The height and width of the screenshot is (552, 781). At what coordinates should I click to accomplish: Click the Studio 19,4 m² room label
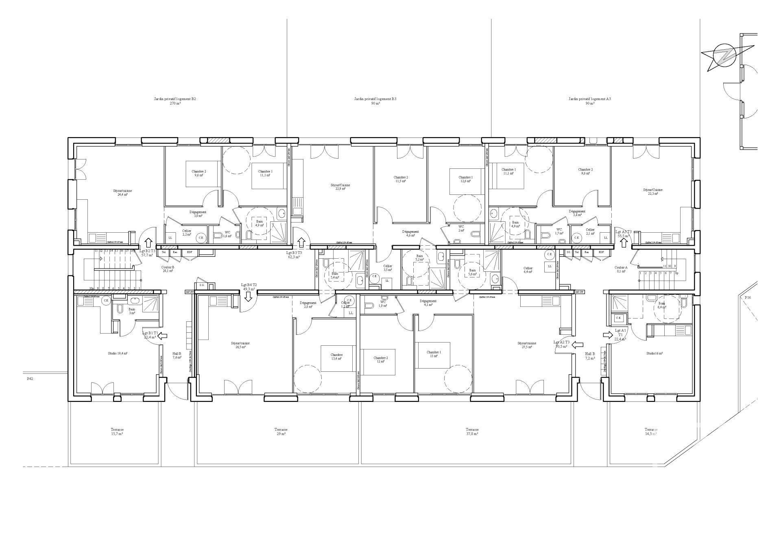point(118,353)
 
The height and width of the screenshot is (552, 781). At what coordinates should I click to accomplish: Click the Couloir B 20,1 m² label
point(168,269)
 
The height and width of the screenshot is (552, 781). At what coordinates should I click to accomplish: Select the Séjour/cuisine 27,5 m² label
point(527,345)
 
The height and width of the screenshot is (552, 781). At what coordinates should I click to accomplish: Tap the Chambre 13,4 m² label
point(336,356)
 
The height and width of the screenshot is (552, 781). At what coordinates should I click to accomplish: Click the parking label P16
point(748,298)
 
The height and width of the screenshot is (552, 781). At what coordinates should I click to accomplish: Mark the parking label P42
point(30,378)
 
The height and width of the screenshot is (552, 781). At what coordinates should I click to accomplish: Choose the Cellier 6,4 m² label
point(528,271)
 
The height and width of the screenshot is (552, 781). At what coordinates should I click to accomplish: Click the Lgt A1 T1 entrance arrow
point(608,334)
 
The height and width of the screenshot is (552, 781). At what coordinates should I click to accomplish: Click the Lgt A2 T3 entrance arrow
point(577,345)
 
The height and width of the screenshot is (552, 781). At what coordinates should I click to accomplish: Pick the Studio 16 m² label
point(654,353)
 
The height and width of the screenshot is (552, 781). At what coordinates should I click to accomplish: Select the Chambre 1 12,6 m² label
point(465,179)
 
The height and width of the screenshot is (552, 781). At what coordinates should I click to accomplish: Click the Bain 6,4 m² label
point(662,305)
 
